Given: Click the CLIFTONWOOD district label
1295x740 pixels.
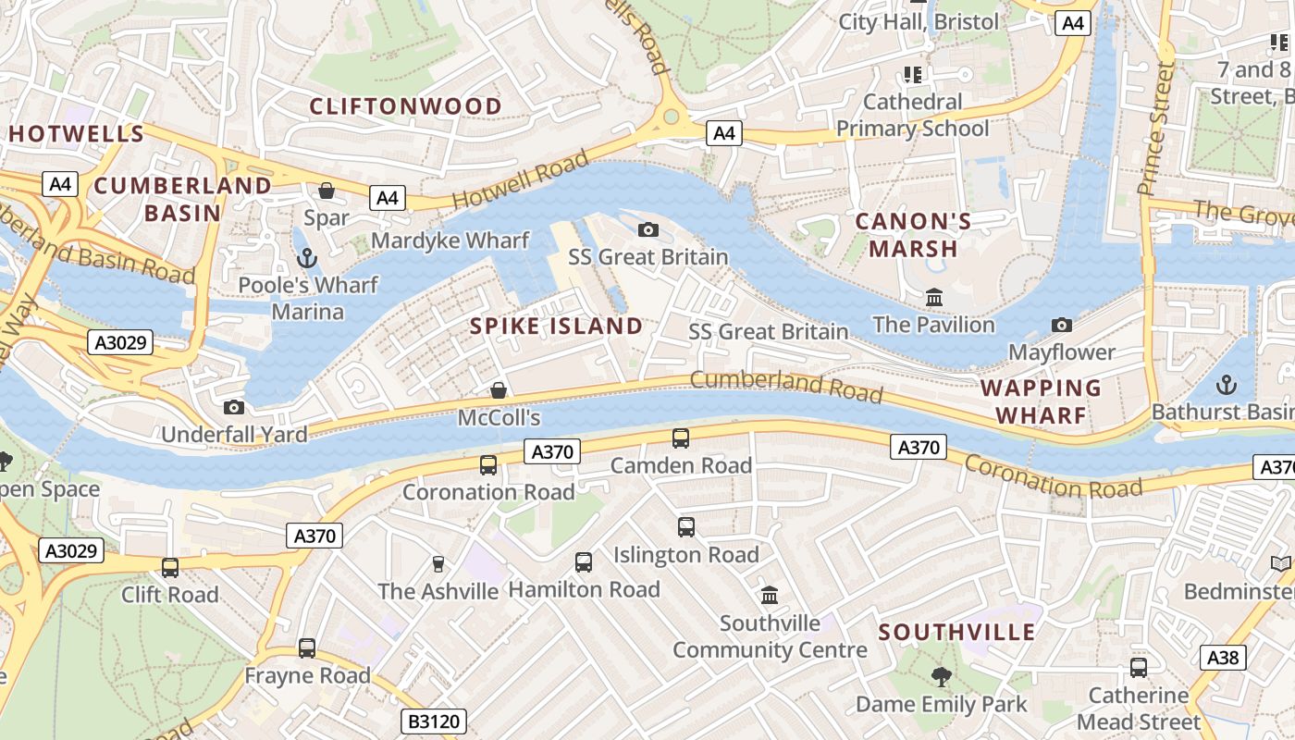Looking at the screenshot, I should [405, 106].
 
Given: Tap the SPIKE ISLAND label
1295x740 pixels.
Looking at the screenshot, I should [556, 326].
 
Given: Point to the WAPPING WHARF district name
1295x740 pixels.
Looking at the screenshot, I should [1041, 401].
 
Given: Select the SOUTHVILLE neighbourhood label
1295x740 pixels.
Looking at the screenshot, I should [956, 633].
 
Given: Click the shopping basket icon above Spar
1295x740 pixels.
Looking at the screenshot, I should [327, 191].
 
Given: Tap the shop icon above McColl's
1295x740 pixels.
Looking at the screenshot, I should [499, 390].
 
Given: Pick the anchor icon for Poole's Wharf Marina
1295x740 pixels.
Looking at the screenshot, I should [306, 257].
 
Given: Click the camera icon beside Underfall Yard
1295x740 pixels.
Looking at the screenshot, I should [234, 407].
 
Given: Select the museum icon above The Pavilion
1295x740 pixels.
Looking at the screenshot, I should [934, 298].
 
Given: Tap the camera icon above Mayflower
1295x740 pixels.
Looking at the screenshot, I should [1062, 325].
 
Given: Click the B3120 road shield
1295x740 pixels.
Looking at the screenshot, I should [434, 721].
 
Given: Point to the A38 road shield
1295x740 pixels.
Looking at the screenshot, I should [1223, 658].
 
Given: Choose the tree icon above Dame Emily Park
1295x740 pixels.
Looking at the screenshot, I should [941, 677].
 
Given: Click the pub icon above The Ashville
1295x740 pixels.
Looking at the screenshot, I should [438, 563].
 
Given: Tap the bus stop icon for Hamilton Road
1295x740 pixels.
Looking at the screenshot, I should [584, 561].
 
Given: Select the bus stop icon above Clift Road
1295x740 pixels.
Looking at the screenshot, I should [170, 567].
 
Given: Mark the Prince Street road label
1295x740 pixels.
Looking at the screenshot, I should [1155, 129].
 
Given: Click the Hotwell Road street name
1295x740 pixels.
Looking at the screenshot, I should [520, 181].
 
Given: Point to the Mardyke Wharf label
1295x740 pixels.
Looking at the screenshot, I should [450, 241].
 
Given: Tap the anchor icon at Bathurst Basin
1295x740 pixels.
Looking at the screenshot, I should [1226, 384].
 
